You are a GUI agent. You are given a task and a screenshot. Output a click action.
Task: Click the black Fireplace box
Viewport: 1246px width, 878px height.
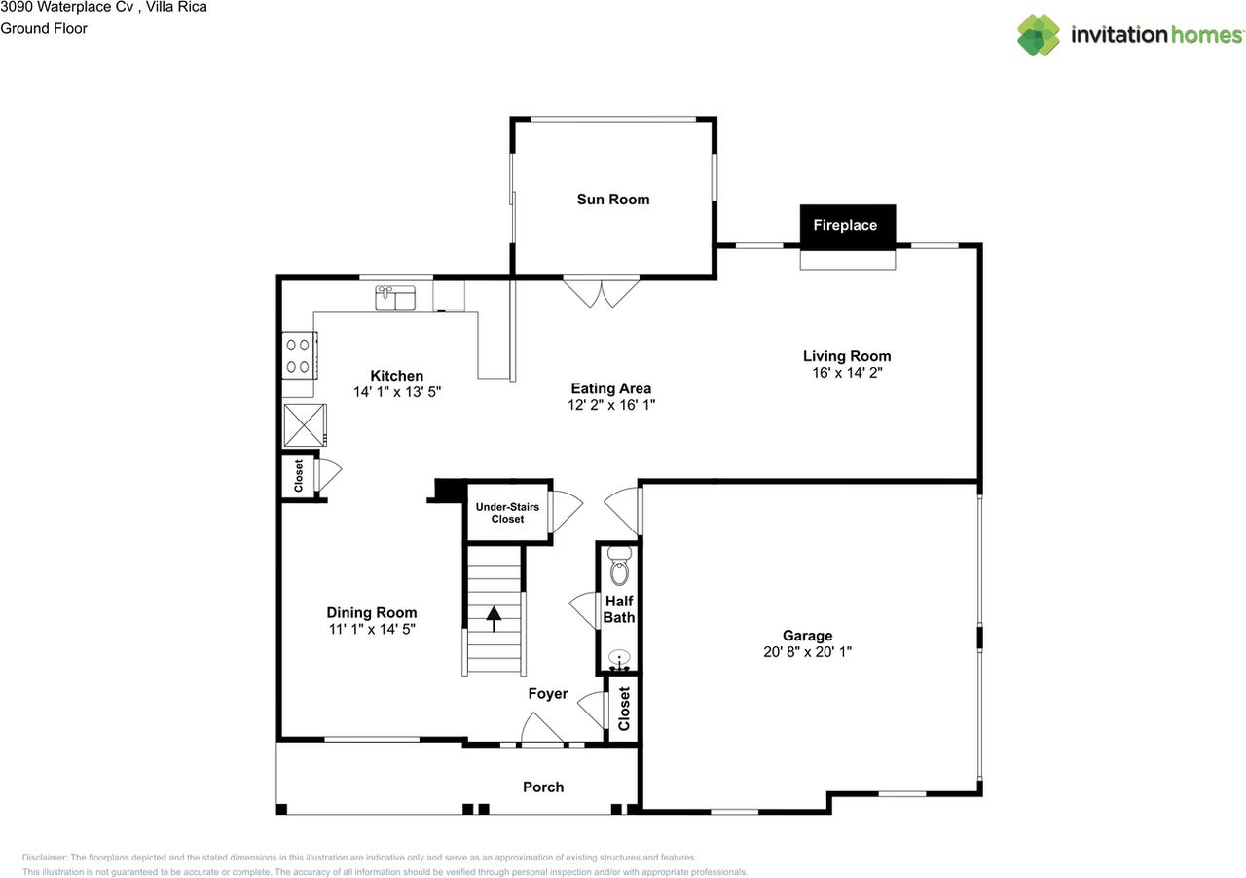846,225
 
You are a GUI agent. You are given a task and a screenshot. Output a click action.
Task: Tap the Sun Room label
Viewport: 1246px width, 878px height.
612,200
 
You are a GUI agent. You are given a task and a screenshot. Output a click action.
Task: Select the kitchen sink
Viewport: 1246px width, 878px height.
395,296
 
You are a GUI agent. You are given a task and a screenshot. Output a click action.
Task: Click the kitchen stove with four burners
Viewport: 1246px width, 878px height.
298,355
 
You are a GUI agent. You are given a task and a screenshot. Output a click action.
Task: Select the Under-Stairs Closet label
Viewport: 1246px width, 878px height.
507,513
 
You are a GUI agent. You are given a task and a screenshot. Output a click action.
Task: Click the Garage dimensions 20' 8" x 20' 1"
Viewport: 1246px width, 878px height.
808,653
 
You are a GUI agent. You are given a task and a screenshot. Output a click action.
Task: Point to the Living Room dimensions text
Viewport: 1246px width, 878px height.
846,373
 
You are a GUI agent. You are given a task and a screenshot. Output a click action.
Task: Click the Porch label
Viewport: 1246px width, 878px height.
543,787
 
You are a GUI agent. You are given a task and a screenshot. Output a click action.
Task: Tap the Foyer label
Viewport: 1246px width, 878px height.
548,694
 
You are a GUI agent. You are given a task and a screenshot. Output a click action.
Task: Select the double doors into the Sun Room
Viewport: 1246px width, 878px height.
602,292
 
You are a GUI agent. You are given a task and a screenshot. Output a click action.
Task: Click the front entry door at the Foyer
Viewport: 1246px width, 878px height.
542,730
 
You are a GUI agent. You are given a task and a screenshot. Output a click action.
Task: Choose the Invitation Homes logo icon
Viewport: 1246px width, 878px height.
1039,35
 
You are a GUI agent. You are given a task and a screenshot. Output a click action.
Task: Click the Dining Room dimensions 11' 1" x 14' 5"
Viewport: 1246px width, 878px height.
372,630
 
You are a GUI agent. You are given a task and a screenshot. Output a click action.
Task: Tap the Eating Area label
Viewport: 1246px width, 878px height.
611,388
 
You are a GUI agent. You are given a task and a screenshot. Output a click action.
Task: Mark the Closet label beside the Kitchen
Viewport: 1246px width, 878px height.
299,476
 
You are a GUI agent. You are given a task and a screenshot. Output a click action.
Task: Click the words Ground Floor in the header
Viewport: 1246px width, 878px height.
44,28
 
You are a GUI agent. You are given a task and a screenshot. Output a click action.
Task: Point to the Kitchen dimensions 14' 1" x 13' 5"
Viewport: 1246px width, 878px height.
397,392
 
